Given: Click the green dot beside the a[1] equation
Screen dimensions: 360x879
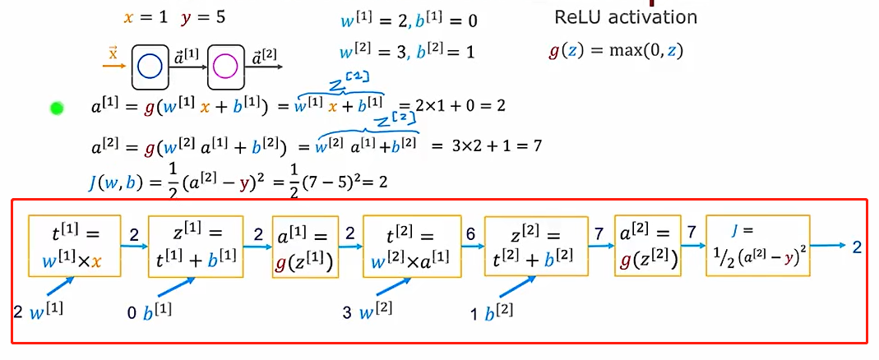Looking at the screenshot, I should (x=57, y=108).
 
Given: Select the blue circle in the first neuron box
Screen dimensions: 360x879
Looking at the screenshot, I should (x=150, y=65).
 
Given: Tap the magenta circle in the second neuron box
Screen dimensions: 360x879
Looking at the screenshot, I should (x=225, y=65).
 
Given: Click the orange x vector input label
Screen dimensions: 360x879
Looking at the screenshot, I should (x=113, y=54).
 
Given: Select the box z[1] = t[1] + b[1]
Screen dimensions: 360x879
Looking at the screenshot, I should (x=196, y=247).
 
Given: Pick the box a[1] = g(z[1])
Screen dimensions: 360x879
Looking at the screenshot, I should (x=305, y=247).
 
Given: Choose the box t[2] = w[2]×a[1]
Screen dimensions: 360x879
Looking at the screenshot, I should (x=409, y=247).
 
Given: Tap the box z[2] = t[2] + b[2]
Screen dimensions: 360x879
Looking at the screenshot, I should (x=536, y=247).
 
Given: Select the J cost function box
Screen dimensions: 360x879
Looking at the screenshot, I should (x=758, y=245).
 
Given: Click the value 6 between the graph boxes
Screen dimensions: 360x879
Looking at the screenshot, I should (x=469, y=235).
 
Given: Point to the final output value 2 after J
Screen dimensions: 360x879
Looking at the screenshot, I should (x=857, y=246).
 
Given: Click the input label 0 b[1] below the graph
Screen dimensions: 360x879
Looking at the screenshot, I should (x=150, y=312).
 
